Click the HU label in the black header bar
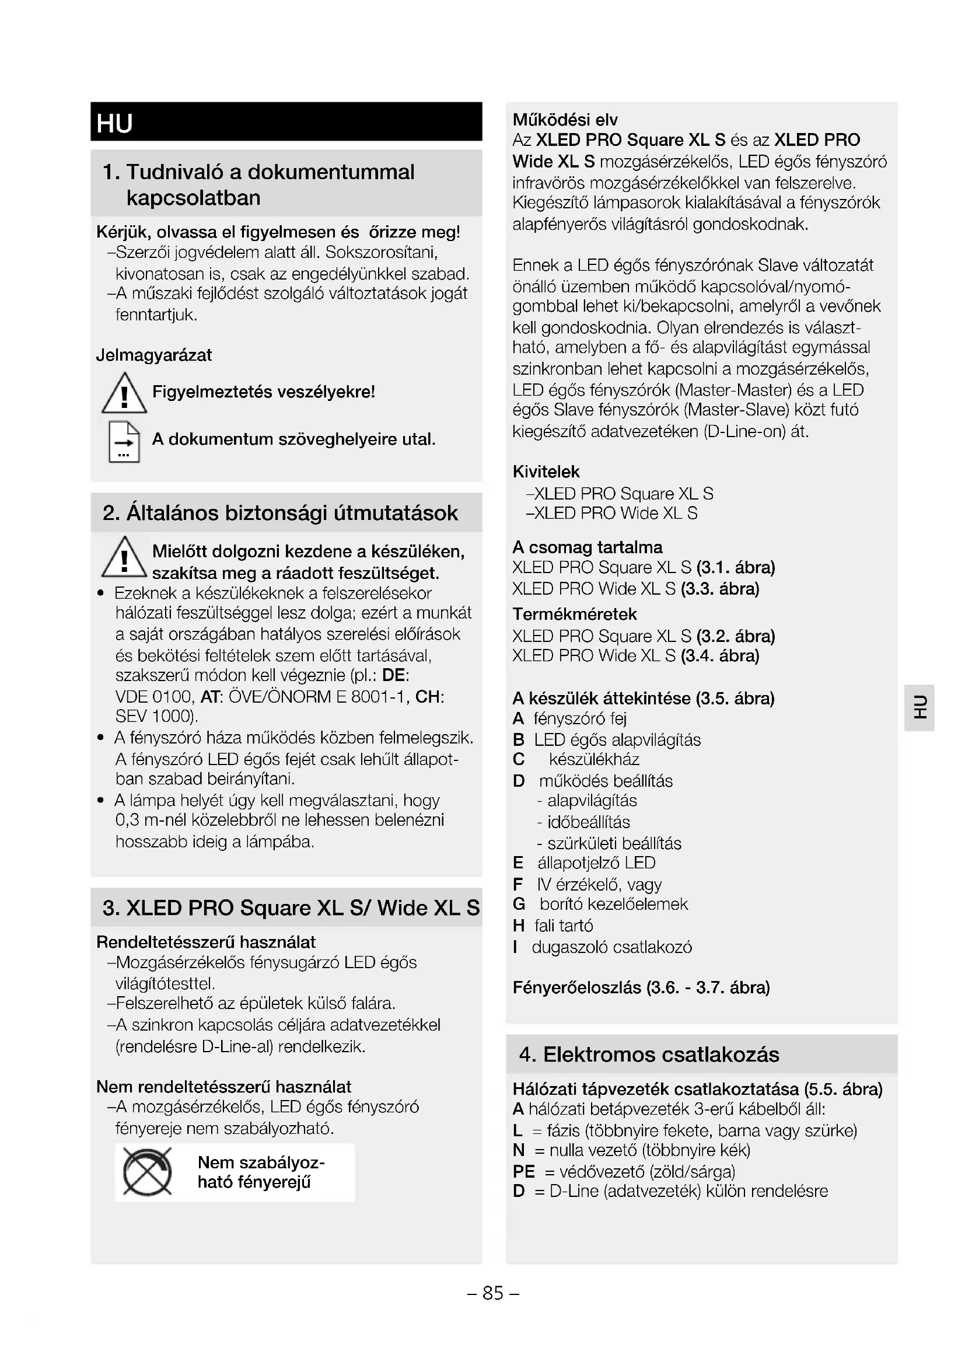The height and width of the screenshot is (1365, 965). pyautogui.click(x=115, y=123)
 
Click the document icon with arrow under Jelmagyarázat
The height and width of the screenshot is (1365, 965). pyautogui.click(x=124, y=442)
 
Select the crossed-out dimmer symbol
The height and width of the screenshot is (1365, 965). pyautogui.click(x=148, y=1172)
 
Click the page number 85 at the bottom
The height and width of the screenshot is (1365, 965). pyautogui.click(x=493, y=1293)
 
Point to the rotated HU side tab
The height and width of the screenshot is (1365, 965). pyautogui.click(x=920, y=707)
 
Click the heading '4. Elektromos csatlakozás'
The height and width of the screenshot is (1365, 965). pyautogui.click(x=649, y=1055)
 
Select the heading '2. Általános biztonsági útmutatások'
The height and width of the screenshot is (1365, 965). pyautogui.click(x=280, y=513)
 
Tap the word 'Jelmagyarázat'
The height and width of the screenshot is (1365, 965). pyautogui.click(x=154, y=355)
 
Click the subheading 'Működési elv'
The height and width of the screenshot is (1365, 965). pyautogui.click(x=565, y=120)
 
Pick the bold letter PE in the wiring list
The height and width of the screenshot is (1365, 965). pyautogui.click(x=523, y=1171)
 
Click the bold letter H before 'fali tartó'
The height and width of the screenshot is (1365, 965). pyautogui.click(x=519, y=925)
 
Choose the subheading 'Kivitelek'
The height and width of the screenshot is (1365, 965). pyautogui.click(x=546, y=472)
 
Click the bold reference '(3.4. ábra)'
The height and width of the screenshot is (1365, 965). pyautogui.click(x=720, y=656)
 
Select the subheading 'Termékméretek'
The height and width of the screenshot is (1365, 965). pyautogui.click(x=575, y=614)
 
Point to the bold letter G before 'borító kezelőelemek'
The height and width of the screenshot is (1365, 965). pyautogui.click(x=519, y=903)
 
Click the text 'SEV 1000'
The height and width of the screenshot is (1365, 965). pyautogui.click(x=154, y=717)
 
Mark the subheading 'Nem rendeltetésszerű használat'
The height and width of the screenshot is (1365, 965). pyautogui.click(x=223, y=1087)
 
